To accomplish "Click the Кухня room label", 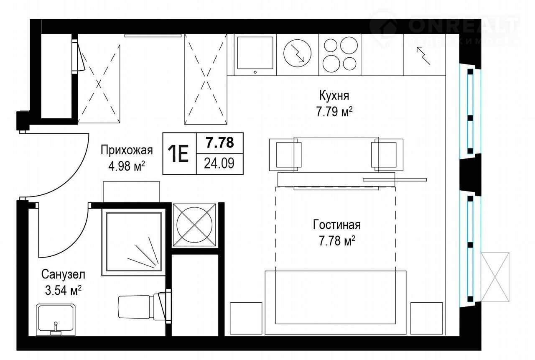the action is click(x=334, y=96).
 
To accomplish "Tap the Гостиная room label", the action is click(x=337, y=225).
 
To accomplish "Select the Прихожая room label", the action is click(x=127, y=151).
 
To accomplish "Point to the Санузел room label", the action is click(x=63, y=274).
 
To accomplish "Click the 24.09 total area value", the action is click(x=219, y=163).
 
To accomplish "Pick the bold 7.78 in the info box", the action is click(x=220, y=143).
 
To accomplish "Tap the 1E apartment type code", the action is click(x=178, y=153).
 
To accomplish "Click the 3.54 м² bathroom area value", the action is click(x=63, y=291).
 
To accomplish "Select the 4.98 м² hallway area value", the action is click(x=127, y=166).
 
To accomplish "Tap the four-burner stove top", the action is click(x=340, y=55).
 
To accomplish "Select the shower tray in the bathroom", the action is click(x=134, y=242).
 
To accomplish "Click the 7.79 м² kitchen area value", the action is click(x=334, y=112).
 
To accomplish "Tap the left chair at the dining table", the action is click(x=285, y=155).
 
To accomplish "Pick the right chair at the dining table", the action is click(x=387, y=155).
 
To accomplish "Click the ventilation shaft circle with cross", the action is click(x=194, y=225).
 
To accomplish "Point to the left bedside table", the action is click(x=246, y=318).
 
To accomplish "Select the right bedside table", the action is click(x=427, y=318).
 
